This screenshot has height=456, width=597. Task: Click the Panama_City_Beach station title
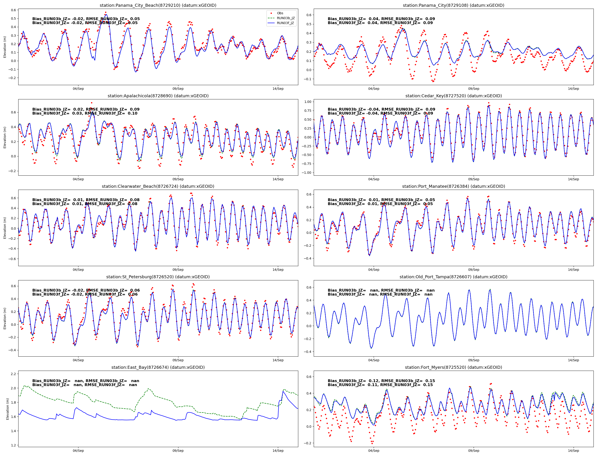(158, 5)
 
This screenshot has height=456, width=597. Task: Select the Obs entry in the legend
(280, 13)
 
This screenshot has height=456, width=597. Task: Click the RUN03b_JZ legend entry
(286, 18)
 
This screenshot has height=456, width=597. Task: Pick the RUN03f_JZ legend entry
(285, 23)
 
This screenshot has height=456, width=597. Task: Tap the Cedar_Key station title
(453, 96)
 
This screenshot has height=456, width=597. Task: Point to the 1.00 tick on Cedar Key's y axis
(308, 102)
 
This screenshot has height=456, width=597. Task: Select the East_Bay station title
(158, 367)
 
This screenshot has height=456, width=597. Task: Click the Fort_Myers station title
(453, 367)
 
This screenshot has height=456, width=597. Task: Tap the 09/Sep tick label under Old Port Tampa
(473, 360)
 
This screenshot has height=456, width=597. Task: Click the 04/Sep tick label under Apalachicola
(78, 179)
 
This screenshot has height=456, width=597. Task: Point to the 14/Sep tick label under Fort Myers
(573, 451)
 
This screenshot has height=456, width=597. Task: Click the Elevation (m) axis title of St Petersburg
(5, 318)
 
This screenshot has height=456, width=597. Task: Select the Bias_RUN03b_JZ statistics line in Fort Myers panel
(381, 381)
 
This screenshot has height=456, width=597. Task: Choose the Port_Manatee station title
(453, 186)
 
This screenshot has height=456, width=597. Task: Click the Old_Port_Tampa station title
(453, 277)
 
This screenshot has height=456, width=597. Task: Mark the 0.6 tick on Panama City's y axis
(309, 15)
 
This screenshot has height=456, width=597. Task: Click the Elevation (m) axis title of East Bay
(7, 409)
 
